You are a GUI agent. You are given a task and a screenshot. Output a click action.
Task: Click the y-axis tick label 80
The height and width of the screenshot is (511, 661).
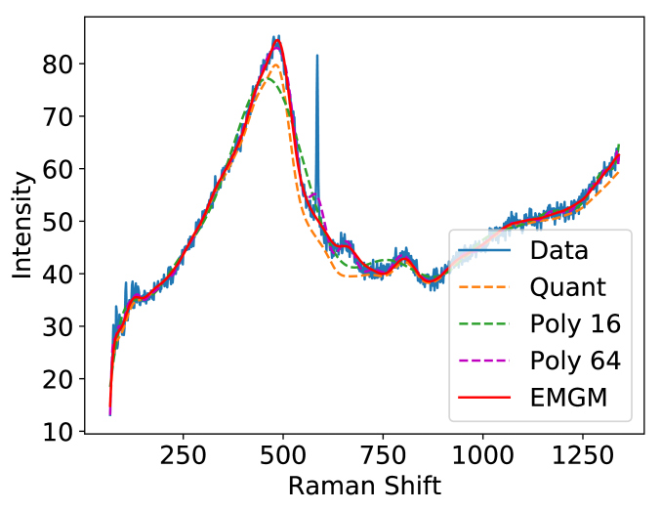pyautogui.click(x=61, y=64)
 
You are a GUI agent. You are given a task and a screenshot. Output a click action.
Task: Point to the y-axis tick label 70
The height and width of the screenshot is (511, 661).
pyautogui.click(x=61, y=117)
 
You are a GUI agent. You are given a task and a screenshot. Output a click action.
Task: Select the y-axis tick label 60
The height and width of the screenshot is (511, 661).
pyautogui.click(x=61, y=169)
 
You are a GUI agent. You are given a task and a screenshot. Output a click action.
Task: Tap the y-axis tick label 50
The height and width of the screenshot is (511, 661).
pyautogui.click(x=61, y=222)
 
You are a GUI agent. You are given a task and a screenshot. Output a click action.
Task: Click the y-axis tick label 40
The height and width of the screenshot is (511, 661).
pyautogui.click(x=61, y=275)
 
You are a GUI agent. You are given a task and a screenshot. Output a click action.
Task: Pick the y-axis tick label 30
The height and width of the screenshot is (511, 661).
pyautogui.click(x=61, y=327)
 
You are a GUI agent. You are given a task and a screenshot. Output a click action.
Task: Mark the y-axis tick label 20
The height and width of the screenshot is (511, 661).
pyautogui.click(x=61, y=379)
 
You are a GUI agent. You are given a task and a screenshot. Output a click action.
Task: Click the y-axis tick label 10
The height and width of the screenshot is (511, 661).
pyautogui.click(x=61, y=432)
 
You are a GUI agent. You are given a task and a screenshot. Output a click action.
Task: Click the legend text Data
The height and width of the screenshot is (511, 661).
pyautogui.click(x=558, y=250)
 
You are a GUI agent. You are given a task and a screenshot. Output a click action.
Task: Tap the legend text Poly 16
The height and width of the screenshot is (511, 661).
pyautogui.click(x=576, y=324)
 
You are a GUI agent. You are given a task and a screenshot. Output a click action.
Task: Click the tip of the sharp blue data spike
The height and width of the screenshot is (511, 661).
pyautogui.click(x=316, y=56)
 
